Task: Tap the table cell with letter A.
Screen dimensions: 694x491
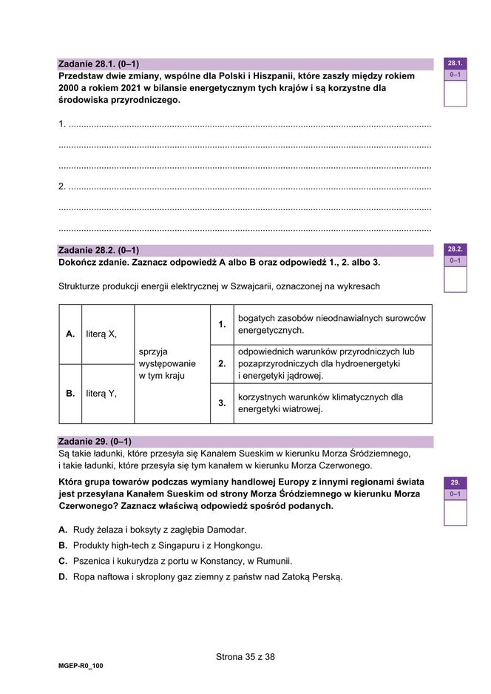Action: (x=70, y=334)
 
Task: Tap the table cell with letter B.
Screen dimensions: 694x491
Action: (x=70, y=394)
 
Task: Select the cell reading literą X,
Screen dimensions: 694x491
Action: (x=101, y=334)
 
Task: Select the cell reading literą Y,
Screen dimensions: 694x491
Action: (x=101, y=394)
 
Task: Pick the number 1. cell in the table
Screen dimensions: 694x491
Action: (x=222, y=324)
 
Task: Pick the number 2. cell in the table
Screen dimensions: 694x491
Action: (x=222, y=364)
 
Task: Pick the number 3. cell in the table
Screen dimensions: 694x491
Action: (x=222, y=403)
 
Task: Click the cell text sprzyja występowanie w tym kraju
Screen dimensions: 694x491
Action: (x=167, y=364)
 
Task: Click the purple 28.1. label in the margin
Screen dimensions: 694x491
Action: (x=455, y=64)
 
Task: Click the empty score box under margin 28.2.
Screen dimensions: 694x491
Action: (x=455, y=280)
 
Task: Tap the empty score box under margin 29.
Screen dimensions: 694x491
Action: (x=455, y=512)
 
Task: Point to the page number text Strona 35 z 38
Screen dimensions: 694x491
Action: (x=245, y=656)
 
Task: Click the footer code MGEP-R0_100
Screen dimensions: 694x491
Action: (x=81, y=666)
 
